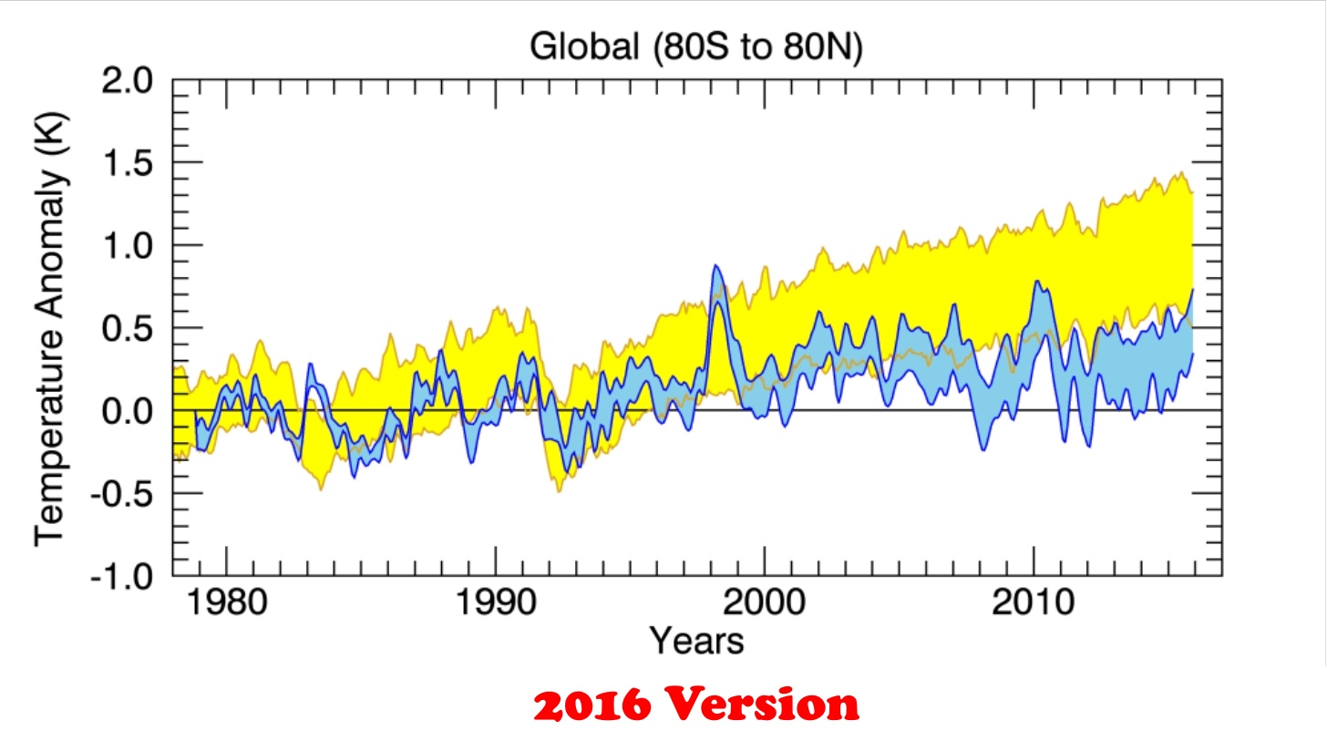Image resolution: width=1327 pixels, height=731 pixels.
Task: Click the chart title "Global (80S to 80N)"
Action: tap(696, 47)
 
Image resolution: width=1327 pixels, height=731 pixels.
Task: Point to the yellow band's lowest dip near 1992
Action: tap(559, 490)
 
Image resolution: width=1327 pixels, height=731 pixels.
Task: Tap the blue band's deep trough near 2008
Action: tap(983, 448)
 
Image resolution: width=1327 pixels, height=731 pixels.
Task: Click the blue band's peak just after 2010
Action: tap(1038, 282)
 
